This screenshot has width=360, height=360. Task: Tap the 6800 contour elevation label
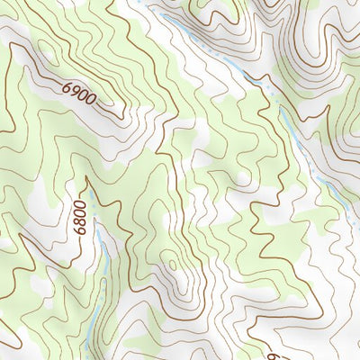80,217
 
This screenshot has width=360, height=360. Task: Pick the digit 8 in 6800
80,222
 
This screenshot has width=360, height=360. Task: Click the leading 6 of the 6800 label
80,231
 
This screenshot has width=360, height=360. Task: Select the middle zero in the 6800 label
80,212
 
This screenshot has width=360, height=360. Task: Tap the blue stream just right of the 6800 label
103,252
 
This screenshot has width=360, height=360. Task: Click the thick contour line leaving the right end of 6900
112,112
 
